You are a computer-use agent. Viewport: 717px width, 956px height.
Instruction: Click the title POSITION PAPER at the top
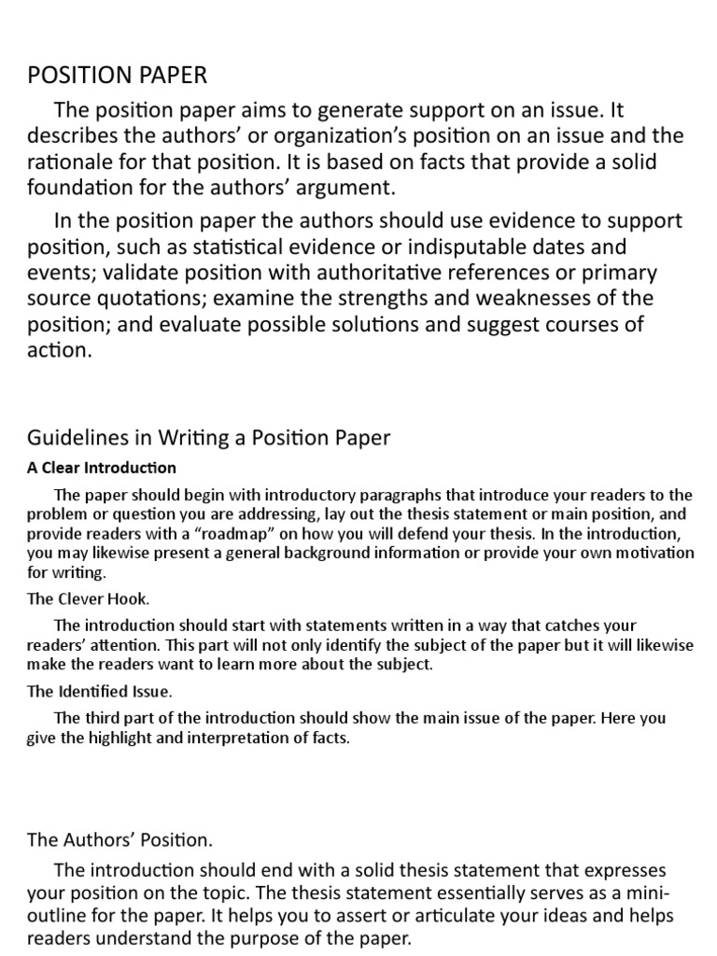(118, 75)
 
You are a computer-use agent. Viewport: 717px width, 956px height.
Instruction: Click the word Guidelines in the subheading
(76, 437)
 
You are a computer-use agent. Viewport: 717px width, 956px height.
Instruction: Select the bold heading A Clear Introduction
(102, 468)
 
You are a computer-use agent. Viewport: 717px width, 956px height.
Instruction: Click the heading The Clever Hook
(88, 599)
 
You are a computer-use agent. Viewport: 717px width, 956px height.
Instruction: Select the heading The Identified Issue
(100, 692)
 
